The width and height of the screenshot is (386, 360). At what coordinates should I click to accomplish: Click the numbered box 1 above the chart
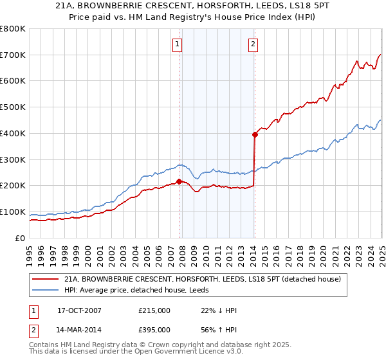click(x=177, y=44)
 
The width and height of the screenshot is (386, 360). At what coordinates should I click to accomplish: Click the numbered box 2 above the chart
click(x=253, y=44)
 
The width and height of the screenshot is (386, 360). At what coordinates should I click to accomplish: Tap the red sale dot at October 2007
click(x=179, y=181)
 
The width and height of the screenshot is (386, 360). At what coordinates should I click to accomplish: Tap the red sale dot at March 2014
click(x=255, y=134)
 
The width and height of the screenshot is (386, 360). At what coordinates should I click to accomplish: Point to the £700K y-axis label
click(x=13, y=55)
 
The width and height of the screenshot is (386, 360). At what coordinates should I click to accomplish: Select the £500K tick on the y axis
click(x=13, y=107)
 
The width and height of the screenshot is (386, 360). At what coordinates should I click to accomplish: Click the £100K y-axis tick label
click(x=13, y=212)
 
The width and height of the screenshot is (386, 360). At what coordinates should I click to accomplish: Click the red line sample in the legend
click(x=45, y=279)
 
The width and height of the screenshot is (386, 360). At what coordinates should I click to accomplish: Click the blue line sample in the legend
click(x=45, y=290)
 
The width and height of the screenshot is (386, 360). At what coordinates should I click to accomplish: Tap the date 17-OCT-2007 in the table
click(x=79, y=310)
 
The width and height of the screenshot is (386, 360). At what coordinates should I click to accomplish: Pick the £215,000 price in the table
click(x=154, y=310)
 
